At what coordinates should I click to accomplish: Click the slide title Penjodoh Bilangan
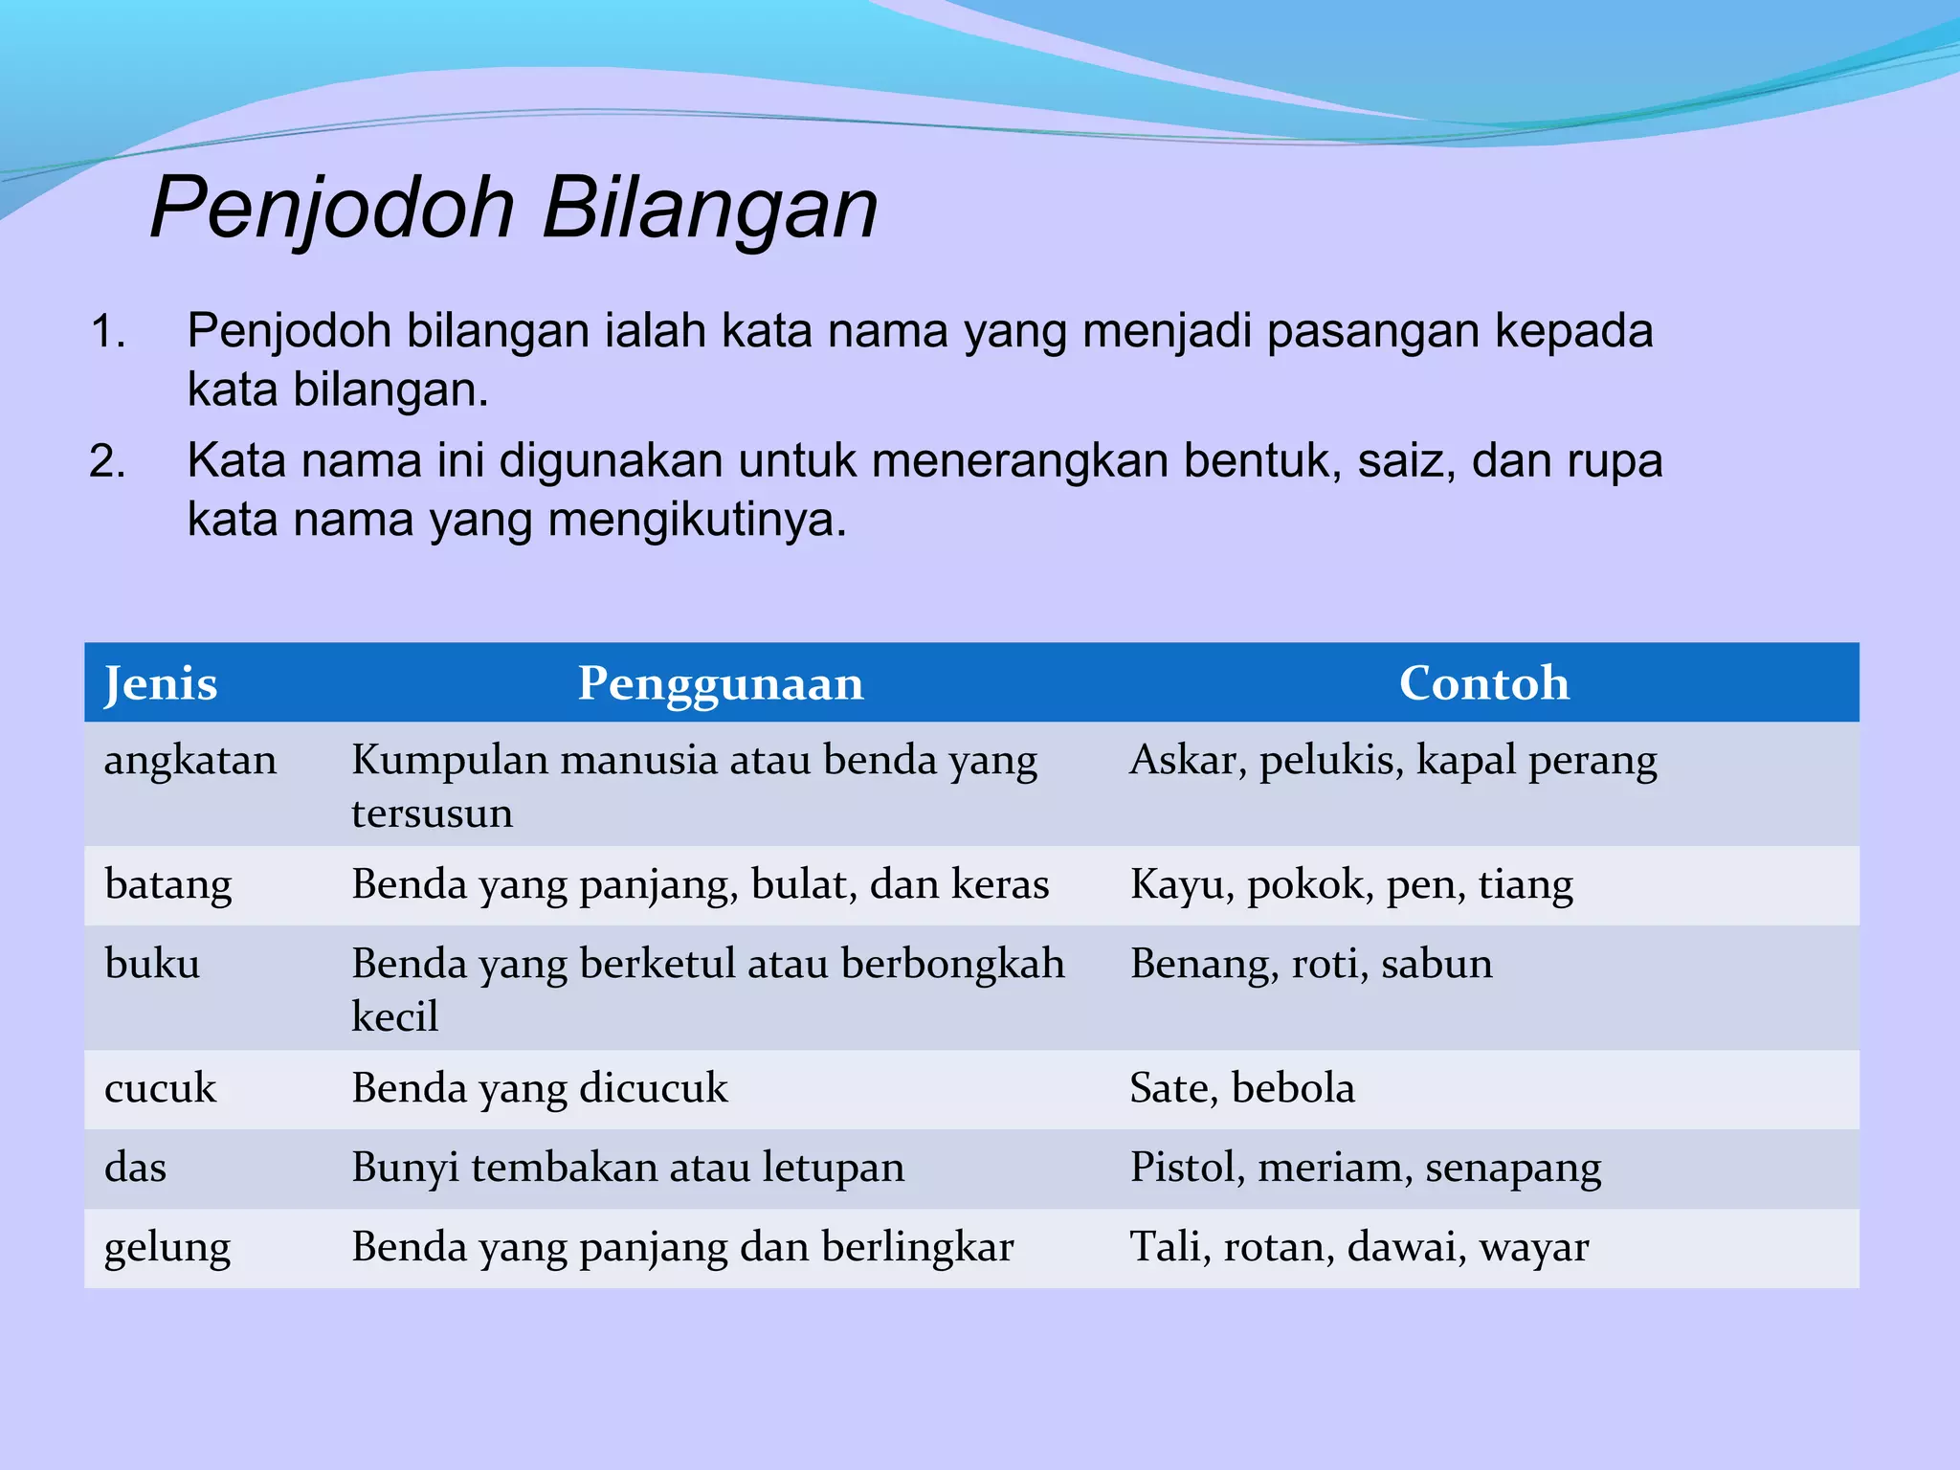pyautogui.click(x=514, y=208)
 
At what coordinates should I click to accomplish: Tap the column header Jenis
pyautogui.click(x=161, y=683)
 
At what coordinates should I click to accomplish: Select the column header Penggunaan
pyautogui.click(x=720, y=683)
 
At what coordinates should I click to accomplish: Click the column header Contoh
pyautogui.click(x=1483, y=683)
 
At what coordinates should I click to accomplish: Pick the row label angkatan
pyautogui.click(x=190, y=760)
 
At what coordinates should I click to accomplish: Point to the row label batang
pyautogui.click(x=168, y=884)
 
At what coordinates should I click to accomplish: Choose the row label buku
pyautogui.click(x=152, y=964)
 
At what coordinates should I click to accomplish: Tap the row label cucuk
pyautogui.click(x=160, y=1088)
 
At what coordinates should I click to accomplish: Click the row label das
pyautogui.click(x=135, y=1168)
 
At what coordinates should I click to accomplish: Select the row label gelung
pyautogui.click(x=167, y=1248)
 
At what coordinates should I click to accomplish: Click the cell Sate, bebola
pyautogui.click(x=1241, y=1088)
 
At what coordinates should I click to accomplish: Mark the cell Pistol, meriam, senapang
pyautogui.click(x=1365, y=1169)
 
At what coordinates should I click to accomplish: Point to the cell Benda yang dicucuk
pyautogui.click(x=539, y=1088)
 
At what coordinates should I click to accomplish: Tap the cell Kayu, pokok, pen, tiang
pyautogui.click(x=1350, y=884)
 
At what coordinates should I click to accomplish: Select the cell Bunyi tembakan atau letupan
pyautogui.click(x=627, y=1168)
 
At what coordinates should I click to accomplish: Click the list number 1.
pyautogui.click(x=107, y=332)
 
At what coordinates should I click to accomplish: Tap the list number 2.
pyautogui.click(x=107, y=461)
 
